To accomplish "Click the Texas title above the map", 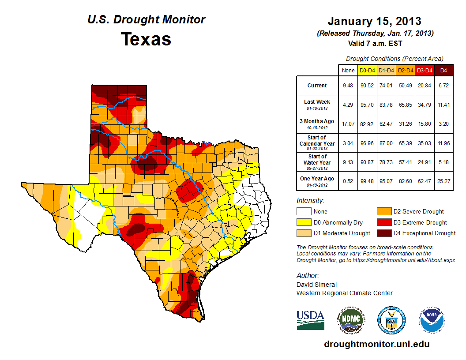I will click(x=146, y=39).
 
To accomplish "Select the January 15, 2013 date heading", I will click(x=374, y=21).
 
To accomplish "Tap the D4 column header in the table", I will click(x=443, y=70).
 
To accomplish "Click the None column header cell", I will click(x=348, y=70).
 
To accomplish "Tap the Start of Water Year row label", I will click(x=317, y=160).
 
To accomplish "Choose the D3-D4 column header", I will click(x=425, y=70).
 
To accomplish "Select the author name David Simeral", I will click(x=316, y=285).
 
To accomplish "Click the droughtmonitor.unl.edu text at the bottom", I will click(x=376, y=344).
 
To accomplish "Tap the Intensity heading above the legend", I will click(x=310, y=200).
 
